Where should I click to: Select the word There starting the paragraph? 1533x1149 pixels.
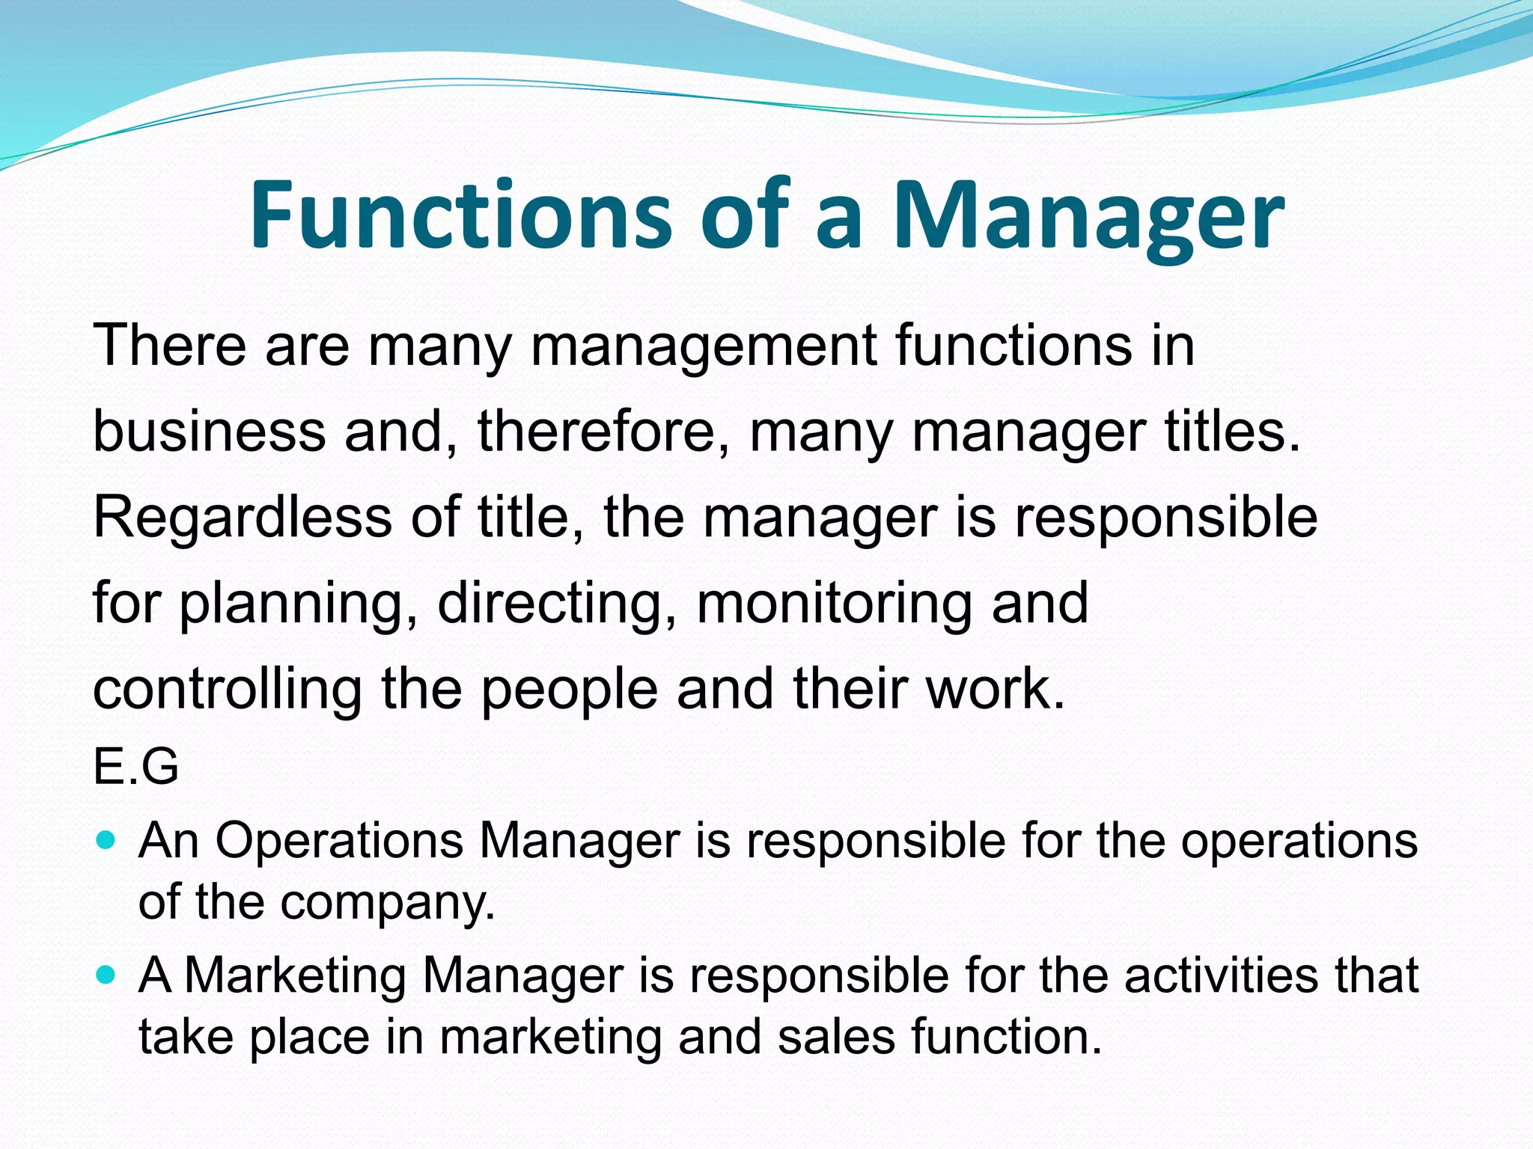tap(169, 345)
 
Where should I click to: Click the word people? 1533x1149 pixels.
tap(570, 690)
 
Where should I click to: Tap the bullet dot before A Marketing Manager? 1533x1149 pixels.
tap(106, 975)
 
